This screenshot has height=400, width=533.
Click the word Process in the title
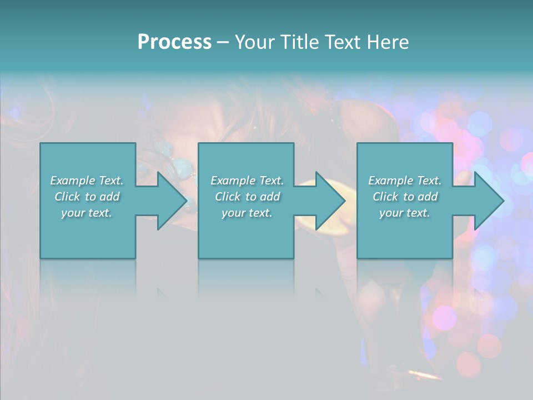pyautogui.click(x=174, y=42)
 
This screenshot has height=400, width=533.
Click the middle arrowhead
pyautogui.click(x=329, y=201)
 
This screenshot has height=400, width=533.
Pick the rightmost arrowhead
pyautogui.click(x=488, y=201)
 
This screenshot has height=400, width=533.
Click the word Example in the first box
pyautogui.click(x=72, y=181)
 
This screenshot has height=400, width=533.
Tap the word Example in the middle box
pyautogui.click(x=233, y=181)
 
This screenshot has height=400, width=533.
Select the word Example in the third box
pyautogui.click(x=390, y=181)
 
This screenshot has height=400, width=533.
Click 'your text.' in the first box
pyautogui.click(x=87, y=213)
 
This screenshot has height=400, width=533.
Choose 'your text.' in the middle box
pyautogui.click(x=247, y=213)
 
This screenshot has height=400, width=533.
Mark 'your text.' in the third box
pyautogui.click(x=404, y=213)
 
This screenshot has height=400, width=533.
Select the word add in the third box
pyautogui.click(x=428, y=197)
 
